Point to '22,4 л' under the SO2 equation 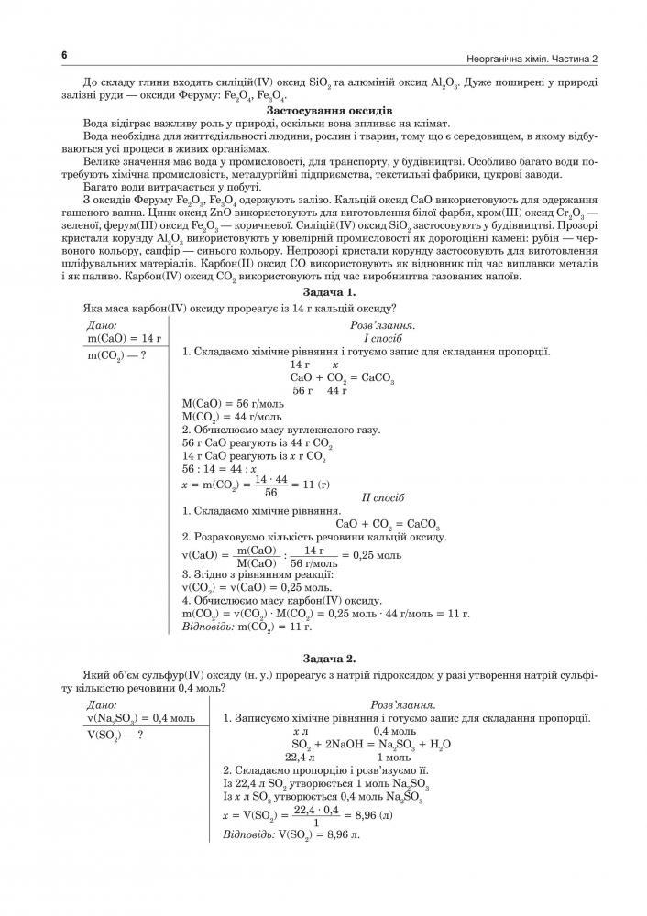coord(300,758)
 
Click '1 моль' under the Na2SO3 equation coord(394,758)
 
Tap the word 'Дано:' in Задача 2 coord(101,704)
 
